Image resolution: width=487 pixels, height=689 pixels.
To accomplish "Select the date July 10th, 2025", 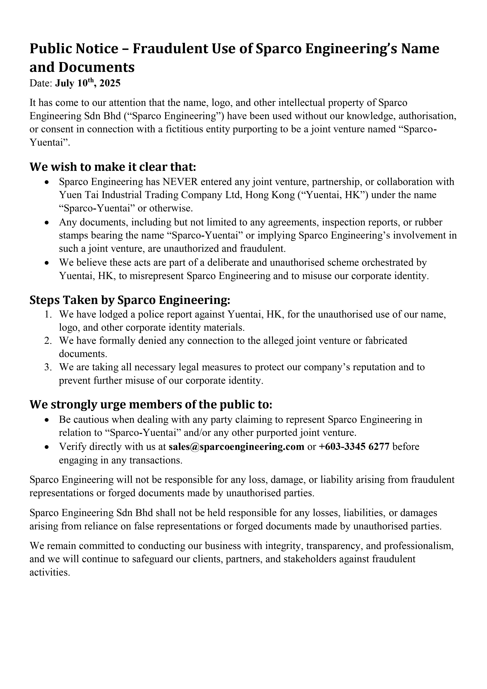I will tap(88, 83).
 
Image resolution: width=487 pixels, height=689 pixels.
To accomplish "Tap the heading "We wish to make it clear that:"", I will tap(113, 167).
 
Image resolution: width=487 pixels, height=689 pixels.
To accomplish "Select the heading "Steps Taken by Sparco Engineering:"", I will tap(130, 300).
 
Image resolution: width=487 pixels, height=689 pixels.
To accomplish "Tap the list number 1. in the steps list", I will tap(48, 315).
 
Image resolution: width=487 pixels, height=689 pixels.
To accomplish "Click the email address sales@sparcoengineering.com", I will tap(236, 447).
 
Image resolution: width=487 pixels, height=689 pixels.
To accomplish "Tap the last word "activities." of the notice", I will tap(50, 572).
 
